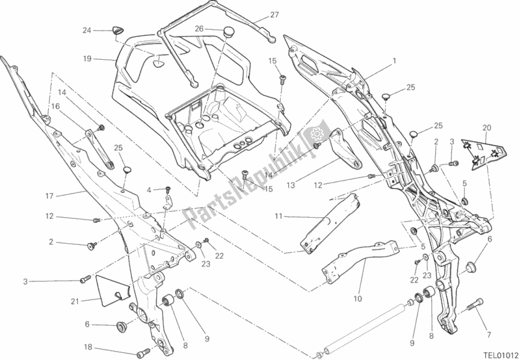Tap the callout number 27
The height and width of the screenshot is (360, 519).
tap(256, 15)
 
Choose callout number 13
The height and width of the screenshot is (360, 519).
tap(290, 185)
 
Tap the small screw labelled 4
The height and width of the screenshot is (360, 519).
tap(167, 190)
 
